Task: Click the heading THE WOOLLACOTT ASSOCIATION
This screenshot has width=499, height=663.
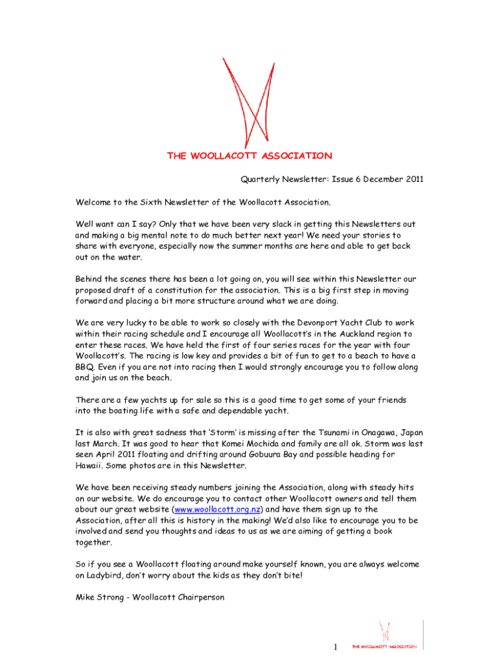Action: tap(250, 156)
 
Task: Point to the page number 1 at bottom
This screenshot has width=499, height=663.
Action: tap(335, 647)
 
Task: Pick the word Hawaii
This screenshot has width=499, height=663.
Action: tap(91, 466)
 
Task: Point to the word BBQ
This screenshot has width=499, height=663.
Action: tap(85, 367)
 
